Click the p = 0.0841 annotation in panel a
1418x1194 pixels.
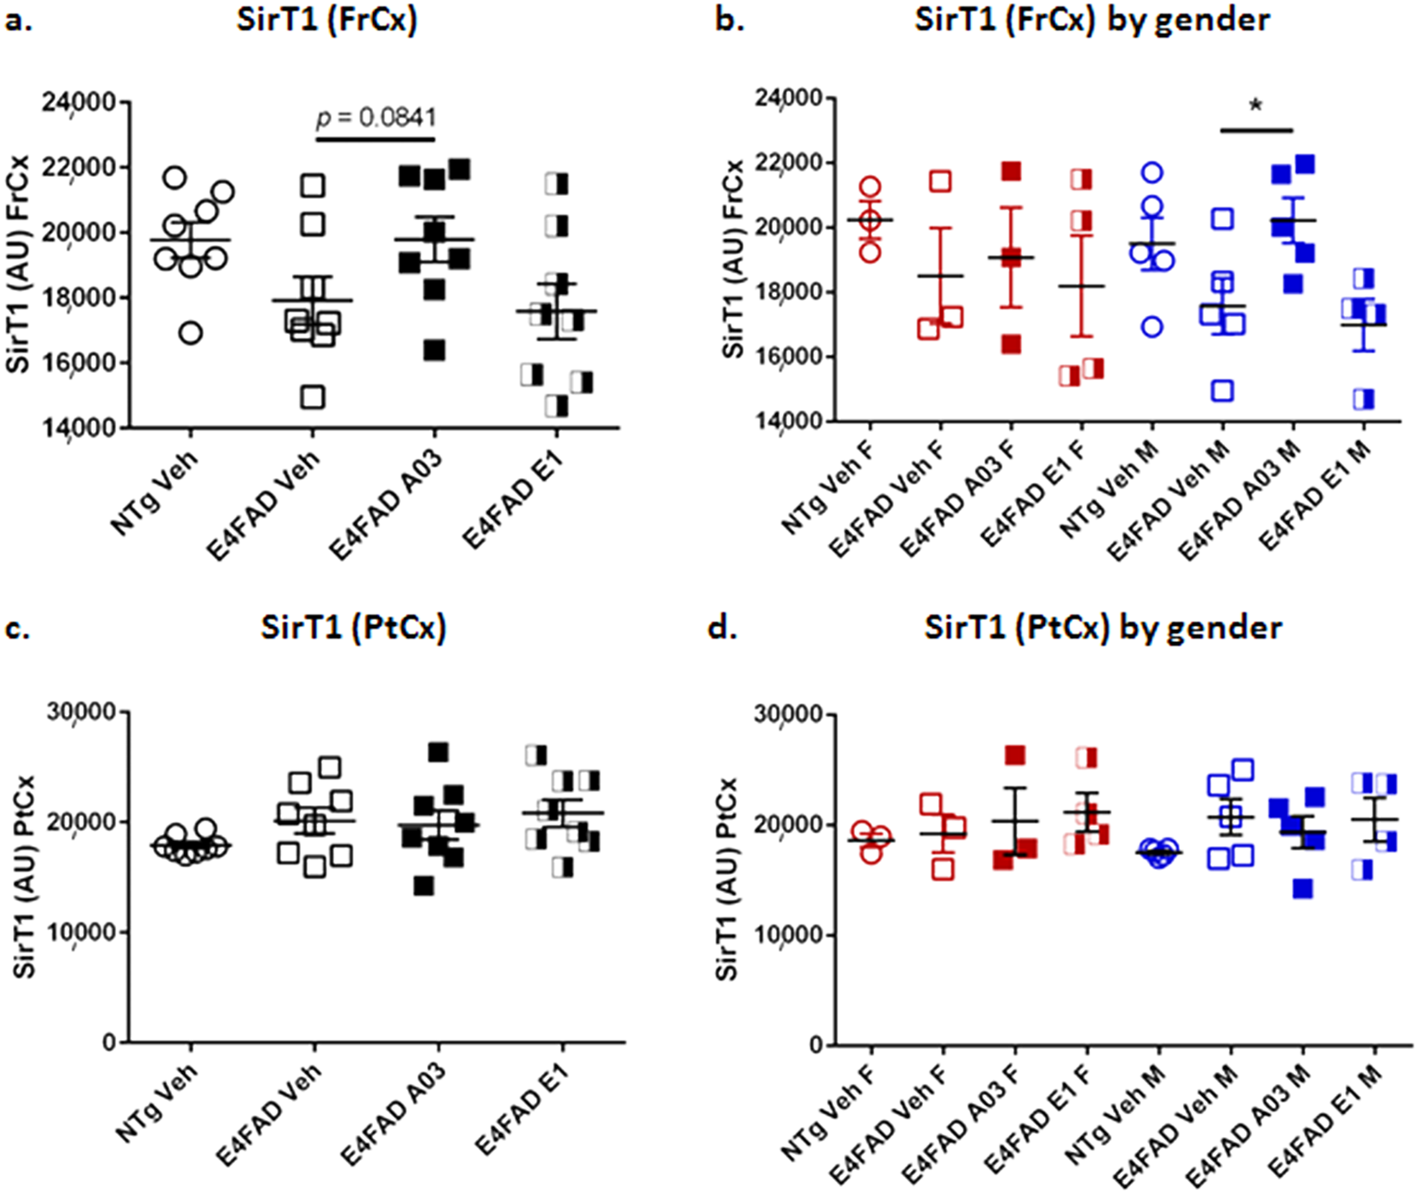point(376,118)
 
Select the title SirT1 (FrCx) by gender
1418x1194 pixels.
point(1091,20)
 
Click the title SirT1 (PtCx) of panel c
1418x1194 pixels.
point(353,628)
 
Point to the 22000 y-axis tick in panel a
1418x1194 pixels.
point(79,168)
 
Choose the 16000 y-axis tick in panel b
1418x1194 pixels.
point(789,357)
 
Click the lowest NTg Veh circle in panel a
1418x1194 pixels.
point(191,333)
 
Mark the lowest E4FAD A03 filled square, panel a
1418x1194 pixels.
point(434,350)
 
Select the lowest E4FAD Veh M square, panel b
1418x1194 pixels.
point(1222,391)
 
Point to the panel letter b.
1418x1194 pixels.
point(730,20)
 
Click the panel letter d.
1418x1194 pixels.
point(722,628)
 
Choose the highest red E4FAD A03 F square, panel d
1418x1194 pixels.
point(1016,756)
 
